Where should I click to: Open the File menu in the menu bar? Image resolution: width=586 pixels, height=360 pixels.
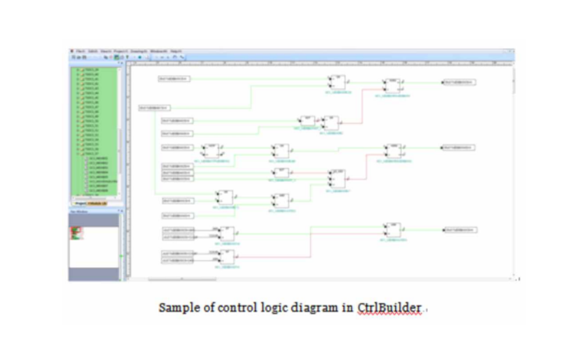(80, 51)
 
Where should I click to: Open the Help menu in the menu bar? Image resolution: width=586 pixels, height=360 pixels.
(175, 51)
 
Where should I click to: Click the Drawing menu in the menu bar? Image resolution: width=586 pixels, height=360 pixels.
(138, 51)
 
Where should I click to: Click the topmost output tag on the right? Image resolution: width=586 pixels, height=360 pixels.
(459, 82)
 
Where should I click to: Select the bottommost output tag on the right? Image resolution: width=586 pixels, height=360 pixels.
(459, 230)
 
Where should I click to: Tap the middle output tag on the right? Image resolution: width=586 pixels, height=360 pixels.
(459, 148)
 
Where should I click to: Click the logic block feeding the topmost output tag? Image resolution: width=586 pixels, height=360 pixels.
(392, 86)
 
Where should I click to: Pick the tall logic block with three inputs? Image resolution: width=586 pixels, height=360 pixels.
(337, 178)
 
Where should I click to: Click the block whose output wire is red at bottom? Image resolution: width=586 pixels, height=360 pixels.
(227, 257)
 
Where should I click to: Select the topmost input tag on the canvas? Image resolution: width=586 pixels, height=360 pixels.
(173, 78)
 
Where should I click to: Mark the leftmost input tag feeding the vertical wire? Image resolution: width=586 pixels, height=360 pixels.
(154, 108)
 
